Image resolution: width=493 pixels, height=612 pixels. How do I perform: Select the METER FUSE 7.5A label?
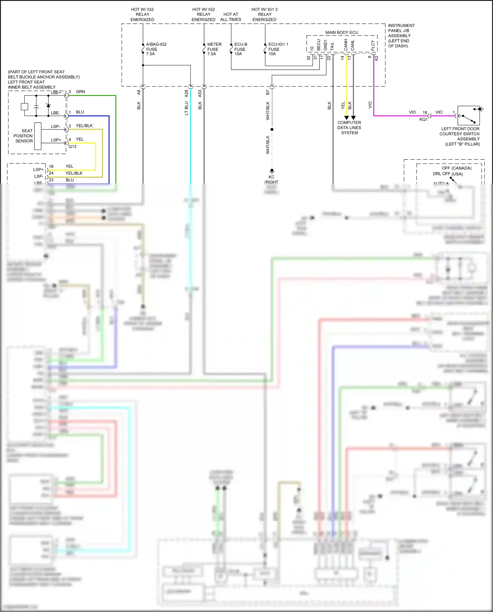(214, 49)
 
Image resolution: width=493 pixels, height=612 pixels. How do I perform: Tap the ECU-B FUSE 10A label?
(241, 49)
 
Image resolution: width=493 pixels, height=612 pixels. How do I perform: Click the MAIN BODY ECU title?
(341, 32)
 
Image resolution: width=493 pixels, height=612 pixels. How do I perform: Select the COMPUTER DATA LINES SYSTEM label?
(349, 128)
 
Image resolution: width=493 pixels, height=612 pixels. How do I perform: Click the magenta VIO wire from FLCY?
(374, 92)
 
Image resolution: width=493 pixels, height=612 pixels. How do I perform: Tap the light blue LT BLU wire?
(191, 138)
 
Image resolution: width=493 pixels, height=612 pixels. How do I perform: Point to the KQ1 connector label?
(423, 119)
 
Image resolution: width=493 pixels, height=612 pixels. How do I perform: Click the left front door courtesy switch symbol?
(469, 115)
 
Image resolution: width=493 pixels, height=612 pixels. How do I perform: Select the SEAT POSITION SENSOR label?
(23, 136)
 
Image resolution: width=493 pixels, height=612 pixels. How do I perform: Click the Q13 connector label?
(73, 147)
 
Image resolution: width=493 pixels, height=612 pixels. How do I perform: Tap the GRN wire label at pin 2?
(80, 92)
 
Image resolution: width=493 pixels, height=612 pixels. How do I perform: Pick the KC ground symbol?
(272, 171)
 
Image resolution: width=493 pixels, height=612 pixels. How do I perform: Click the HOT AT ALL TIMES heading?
(231, 17)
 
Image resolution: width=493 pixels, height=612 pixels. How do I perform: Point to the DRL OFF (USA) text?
(447, 174)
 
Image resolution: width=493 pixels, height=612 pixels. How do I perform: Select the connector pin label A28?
(186, 93)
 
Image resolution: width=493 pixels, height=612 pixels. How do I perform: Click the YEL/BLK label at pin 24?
(74, 173)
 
